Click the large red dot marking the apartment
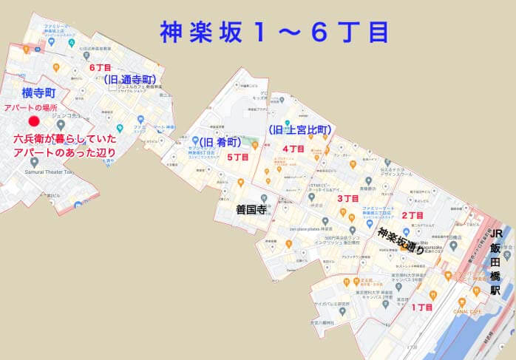click(x=33, y=121)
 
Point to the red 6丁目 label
click(x=100, y=67)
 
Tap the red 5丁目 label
click(x=237, y=157)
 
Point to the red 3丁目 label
click(x=348, y=197)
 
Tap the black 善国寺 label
click(x=250, y=209)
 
